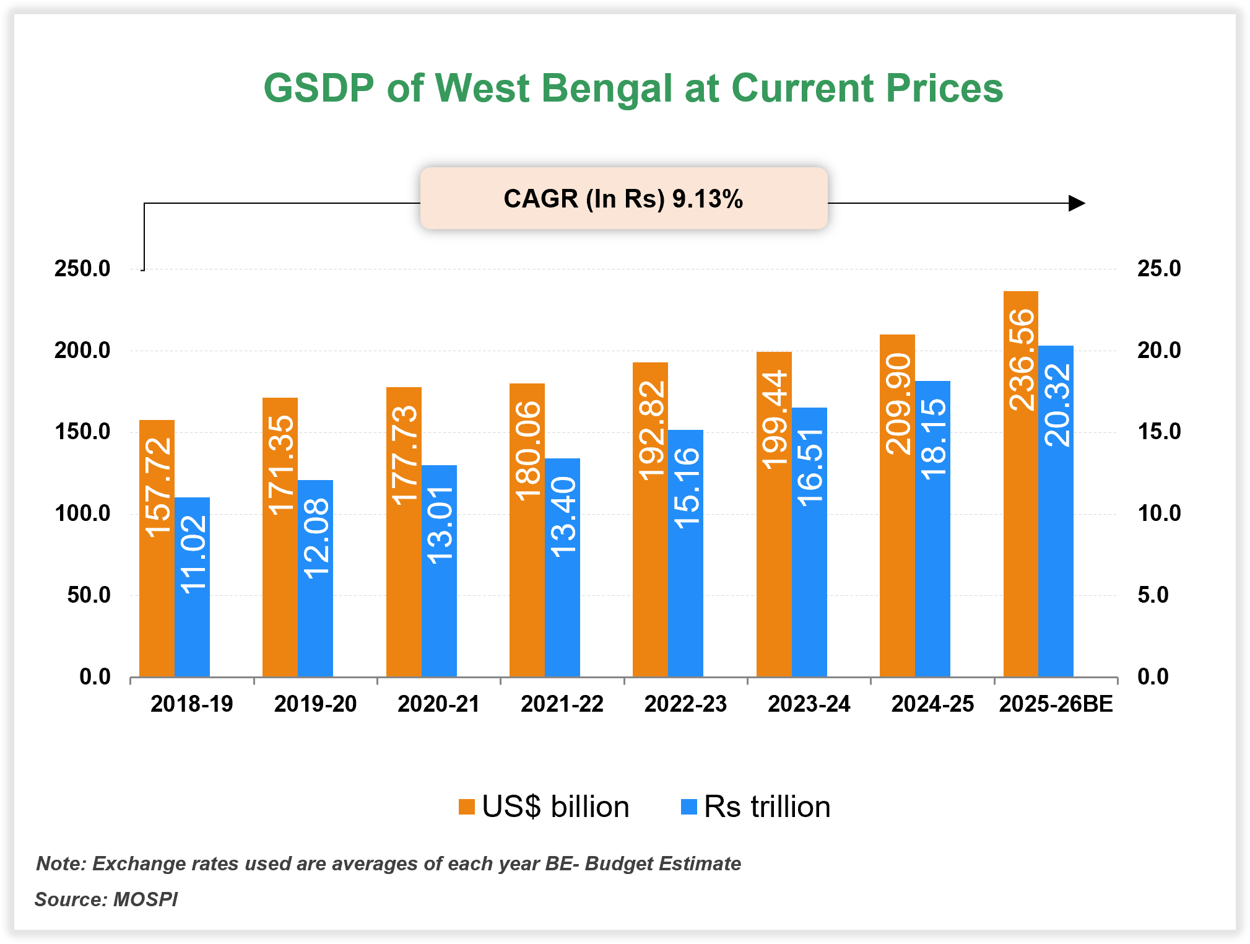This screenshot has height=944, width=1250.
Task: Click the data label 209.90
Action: coord(898,404)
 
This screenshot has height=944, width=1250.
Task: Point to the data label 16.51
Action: coord(810,467)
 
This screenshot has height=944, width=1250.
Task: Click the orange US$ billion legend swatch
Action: coord(466,807)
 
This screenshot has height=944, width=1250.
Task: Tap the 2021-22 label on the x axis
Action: coord(562,704)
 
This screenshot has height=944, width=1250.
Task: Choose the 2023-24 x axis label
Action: coord(809,704)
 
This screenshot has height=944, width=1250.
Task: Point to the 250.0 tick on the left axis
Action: coord(82,269)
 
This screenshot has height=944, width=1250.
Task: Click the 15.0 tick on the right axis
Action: coord(1158,432)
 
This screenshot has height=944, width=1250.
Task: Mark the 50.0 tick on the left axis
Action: coord(89,595)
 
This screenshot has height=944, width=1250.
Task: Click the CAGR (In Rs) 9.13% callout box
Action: coord(623,199)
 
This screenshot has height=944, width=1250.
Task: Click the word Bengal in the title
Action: coord(606,89)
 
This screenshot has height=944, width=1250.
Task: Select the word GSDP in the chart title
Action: coord(319,89)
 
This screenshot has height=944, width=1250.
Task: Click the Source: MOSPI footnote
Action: coord(106,899)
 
